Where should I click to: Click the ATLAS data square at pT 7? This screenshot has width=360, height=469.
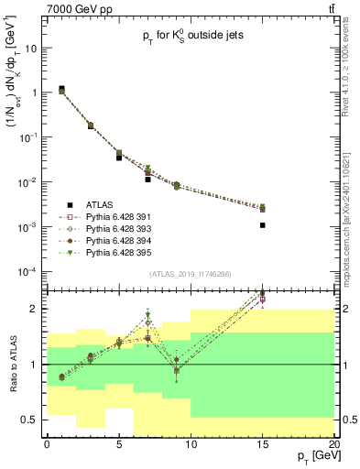coord(147,180)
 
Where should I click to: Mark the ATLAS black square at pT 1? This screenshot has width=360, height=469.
coord(61,89)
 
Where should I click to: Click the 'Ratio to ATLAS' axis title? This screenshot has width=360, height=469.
coord(13,364)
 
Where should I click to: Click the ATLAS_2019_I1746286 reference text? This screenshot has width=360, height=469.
coord(191,274)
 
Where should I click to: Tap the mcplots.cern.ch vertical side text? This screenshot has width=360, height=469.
coord(349,220)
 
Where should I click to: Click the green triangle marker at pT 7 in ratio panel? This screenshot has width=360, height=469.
coord(147,316)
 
